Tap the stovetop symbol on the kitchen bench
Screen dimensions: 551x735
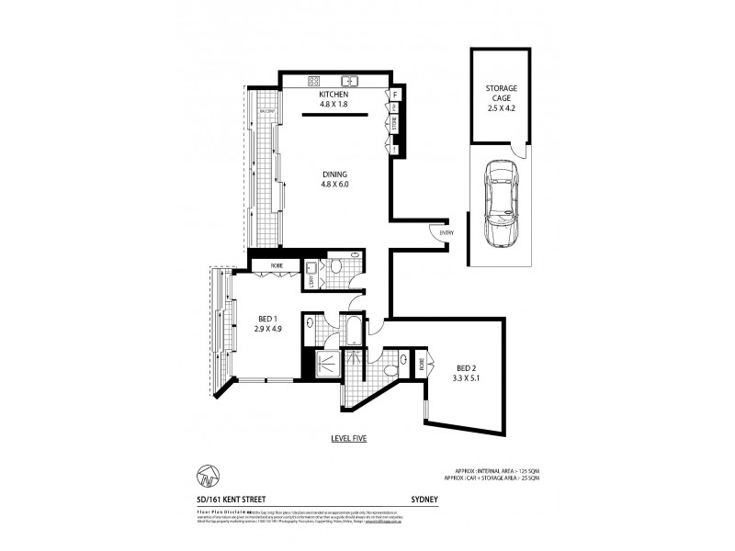click(x=312, y=80)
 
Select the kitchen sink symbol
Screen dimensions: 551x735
click(x=350, y=80)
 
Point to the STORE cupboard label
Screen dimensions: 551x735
click(x=395, y=121)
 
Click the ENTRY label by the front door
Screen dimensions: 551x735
click(x=447, y=233)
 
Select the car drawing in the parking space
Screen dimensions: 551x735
click(x=500, y=204)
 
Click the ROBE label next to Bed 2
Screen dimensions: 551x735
click(x=422, y=364)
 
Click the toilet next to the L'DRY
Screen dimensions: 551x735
click(x=336, y=268)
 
